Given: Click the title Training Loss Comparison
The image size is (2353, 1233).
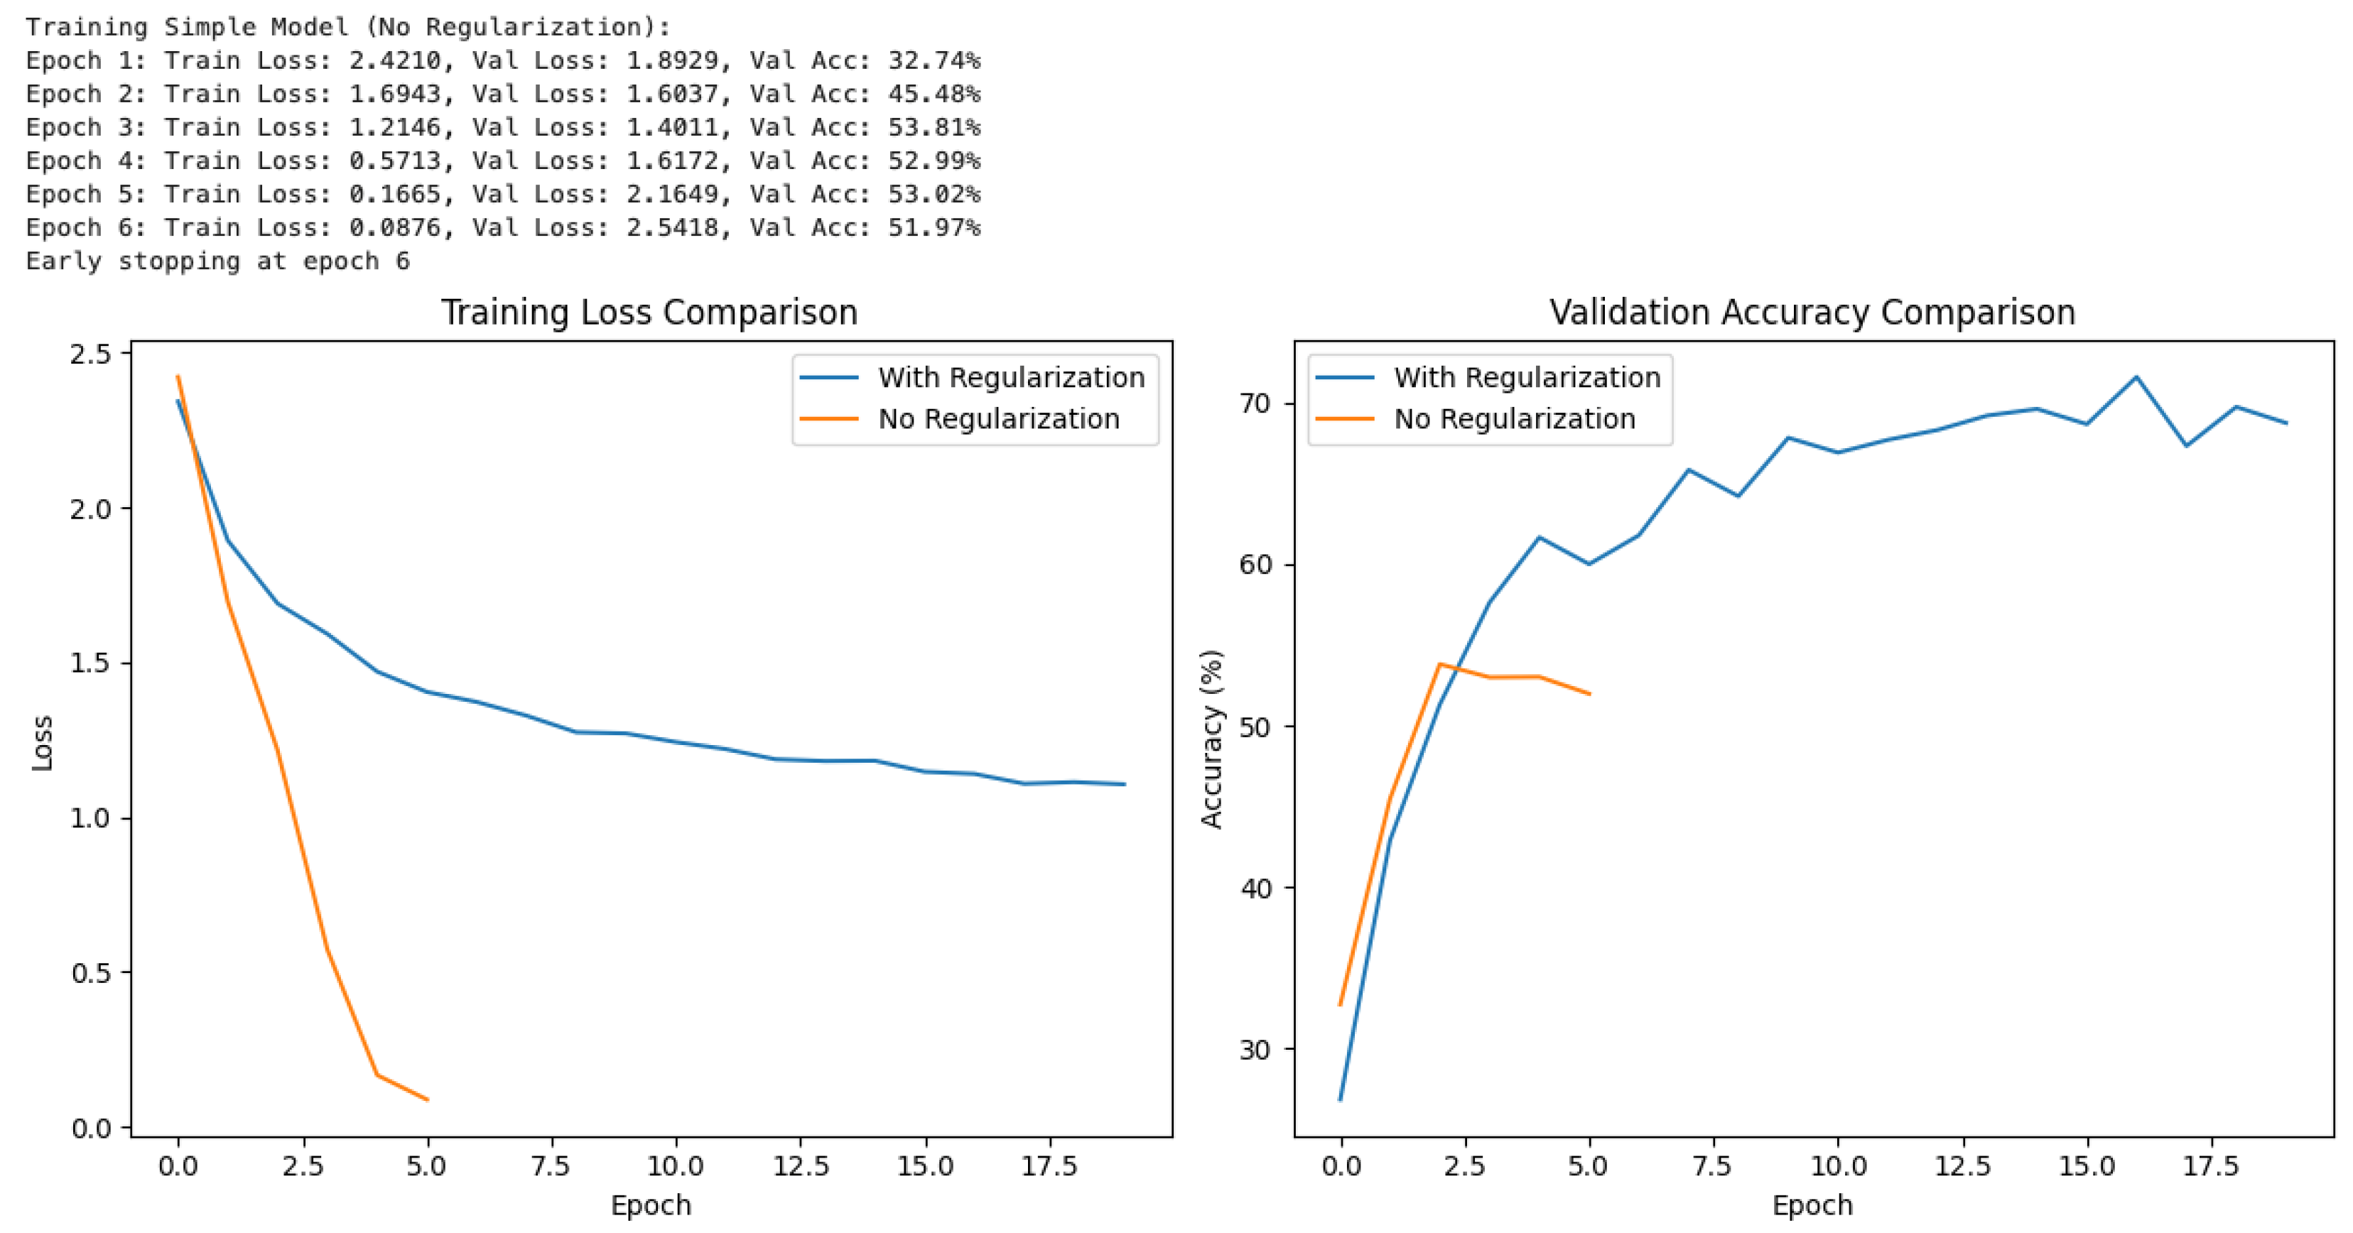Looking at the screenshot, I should click(649, 313).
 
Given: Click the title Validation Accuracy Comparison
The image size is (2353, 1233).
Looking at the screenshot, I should click(1812, 313).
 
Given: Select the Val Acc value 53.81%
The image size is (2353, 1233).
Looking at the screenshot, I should click(934, 127).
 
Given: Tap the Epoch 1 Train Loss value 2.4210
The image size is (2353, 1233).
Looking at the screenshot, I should click(394, 60).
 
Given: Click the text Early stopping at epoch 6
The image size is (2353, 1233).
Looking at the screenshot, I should click(217, 261).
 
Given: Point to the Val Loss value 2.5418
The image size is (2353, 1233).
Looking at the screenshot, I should click(672, 227).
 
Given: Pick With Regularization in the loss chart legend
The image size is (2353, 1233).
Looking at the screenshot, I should click(1010, 377).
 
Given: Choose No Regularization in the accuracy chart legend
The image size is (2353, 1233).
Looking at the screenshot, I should click(1513, 419).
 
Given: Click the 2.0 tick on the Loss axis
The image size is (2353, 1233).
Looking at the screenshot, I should click(90, 509).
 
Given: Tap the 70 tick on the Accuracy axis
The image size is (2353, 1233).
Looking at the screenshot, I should click(1255, 403).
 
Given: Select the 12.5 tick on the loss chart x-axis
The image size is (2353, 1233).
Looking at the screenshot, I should click(800, 1166).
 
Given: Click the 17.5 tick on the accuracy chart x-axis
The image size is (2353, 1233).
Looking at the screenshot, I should click(2210, 1166).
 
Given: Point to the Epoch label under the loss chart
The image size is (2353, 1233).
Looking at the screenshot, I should click(650, 1205).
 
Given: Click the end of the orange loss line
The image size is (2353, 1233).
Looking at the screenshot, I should click(426, 1099).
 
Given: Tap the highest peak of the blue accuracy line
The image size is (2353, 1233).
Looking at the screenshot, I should click(2136, 376).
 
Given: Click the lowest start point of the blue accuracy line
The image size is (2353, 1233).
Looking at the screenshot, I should click(1340, 1099).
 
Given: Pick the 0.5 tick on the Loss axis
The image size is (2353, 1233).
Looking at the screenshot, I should click(90, 973).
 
